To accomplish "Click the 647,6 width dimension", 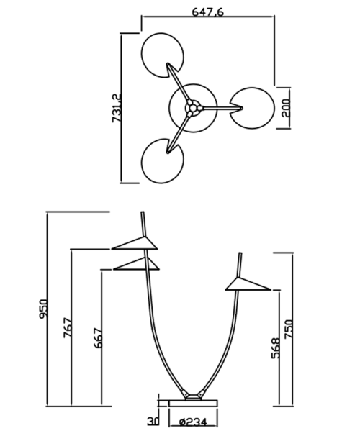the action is [207, 12].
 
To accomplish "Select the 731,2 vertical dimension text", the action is [117, 108].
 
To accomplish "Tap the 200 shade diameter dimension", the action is [286, 108].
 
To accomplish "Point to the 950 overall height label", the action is [43, 309].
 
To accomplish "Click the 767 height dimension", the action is [68, 328].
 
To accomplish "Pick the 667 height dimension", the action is [98, 338].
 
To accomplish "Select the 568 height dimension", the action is [276, 348].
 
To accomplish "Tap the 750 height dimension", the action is [289, 329].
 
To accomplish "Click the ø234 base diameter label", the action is [193, 422].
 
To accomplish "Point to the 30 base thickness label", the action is [153, 422].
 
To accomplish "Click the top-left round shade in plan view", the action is [162, 55].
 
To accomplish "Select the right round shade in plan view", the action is [252, 108].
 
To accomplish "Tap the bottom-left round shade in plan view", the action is [162, 161].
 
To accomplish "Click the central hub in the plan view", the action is [193, 108].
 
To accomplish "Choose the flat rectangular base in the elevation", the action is [193, 403].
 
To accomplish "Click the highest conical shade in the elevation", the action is [135, 243].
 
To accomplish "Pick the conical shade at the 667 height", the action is [136, 264].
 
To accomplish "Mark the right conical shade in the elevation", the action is [248, 284].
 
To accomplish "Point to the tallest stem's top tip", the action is [143, 212].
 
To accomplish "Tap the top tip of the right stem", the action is [240, 253].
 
